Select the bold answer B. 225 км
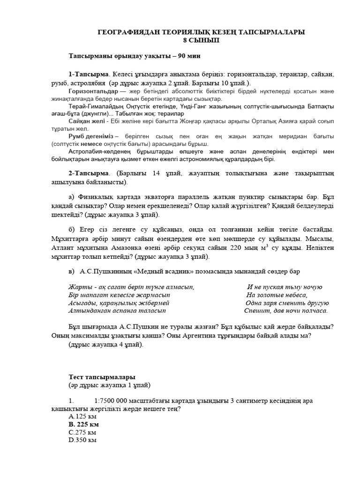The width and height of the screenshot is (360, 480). tap(84, 424)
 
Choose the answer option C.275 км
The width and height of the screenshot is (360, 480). tap(82, 432)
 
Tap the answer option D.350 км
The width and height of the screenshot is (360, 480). tap(83, 441)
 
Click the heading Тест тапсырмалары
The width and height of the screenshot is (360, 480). tap(102, 377)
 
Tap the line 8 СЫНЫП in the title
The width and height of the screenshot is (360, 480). tap(200, 40)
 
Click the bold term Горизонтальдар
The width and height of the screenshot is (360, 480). tap(93, 91)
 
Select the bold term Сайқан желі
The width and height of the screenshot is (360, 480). tap(87, 121)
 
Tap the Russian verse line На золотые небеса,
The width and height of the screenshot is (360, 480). tap(277, 295)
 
